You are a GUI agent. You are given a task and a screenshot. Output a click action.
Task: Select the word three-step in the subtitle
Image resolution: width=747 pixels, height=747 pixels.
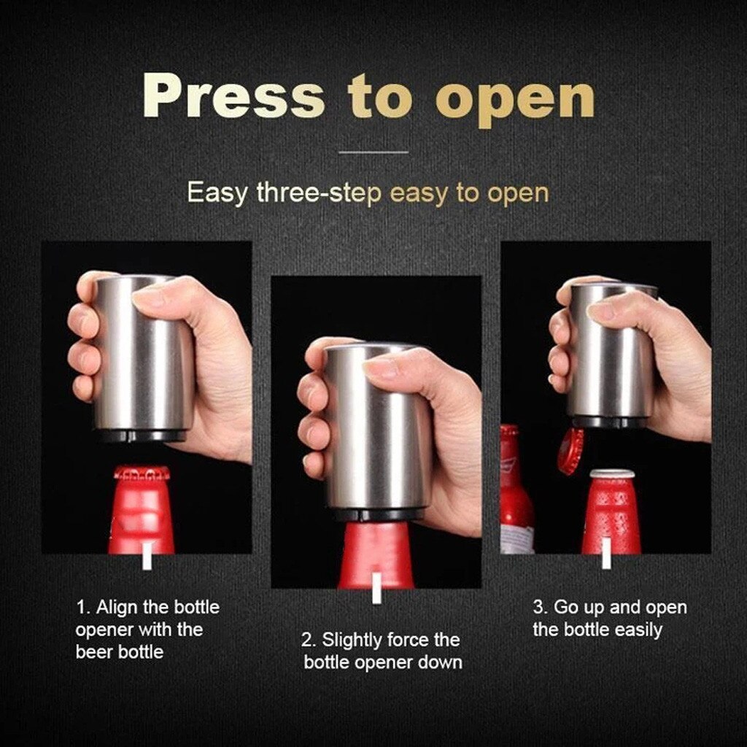pyautogui.click(x=320, y=193)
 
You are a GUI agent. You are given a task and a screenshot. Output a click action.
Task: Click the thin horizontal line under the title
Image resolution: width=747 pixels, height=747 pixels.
pyautogui.click(x=373, y=152)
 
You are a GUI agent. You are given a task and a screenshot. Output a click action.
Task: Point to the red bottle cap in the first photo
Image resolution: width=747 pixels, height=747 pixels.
pyautogui.click(x=142, y=473)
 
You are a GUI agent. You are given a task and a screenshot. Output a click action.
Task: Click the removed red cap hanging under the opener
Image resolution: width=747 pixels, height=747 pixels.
pyautogui.click(x=570, y=450)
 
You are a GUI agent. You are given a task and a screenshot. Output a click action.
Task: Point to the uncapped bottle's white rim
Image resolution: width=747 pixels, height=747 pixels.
pyautogui.click(x=611, y=473)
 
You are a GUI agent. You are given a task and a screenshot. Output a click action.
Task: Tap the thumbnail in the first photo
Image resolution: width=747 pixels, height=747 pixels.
pyautogui.click(x=150, y=296)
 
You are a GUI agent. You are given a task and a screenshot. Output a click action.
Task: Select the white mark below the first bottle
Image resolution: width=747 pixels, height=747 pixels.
pyautogui.click(x=147, y=559)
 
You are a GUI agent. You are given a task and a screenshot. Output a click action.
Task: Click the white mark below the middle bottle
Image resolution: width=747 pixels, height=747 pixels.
pyautogui.click(x=376, y=588)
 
